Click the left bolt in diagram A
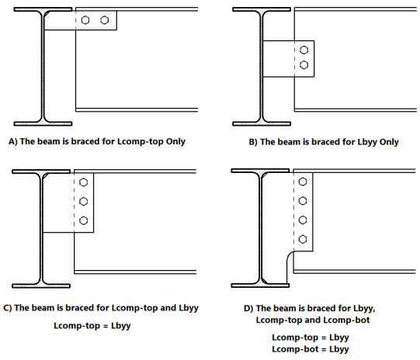click(x=85, y=20)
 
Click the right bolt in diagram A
click(x=105, y=20)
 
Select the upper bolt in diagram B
click(x=304, y=50)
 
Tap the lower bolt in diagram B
click(x=304, y=64)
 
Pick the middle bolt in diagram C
click(x=84, y=201)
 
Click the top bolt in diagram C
click(x=84, y=182)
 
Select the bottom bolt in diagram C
click(x=84, y=220)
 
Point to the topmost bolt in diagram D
click(x=303, y=182)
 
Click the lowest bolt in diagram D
click(x=303, y=239)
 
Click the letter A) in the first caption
click(x=13, y=141)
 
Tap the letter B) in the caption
click(x=253, y=142)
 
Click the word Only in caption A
click(x=175, y=141)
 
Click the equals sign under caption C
click(x=106, y=326)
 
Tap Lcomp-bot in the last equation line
click(x=295, y=349)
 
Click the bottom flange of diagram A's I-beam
click(x=43, y=123)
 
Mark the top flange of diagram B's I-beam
click(x=262, y=9)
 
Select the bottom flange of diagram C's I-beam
click(x=41, y=286)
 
